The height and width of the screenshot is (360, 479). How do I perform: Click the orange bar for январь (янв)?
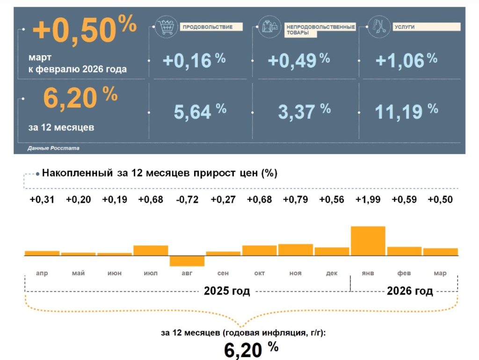tap(368, 241)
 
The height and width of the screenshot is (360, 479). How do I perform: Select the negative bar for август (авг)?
tap(187, 261)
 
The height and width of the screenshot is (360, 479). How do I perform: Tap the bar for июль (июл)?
tap(151, 250)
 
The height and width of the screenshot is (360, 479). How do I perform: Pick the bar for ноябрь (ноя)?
tap(295, 250)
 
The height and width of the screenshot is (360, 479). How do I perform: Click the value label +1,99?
tap(368, 199)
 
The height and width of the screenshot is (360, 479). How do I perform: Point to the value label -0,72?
tap(187, 199)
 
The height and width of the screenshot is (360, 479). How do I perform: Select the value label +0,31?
tap(42, 199)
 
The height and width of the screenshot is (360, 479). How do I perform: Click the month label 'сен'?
tap(223, 273)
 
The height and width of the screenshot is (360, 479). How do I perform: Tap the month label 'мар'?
tap(440, 273)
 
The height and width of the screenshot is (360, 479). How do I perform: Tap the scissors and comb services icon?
tap(377, 26)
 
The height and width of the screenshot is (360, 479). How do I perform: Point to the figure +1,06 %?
tap(406, 60)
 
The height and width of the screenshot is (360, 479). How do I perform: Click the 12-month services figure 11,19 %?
tap(406, 111)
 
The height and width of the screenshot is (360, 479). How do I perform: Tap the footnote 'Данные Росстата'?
tap(53, 148)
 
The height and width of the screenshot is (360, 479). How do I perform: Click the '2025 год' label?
tap(227, 291)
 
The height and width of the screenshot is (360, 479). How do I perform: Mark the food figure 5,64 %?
tap(200, 111)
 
